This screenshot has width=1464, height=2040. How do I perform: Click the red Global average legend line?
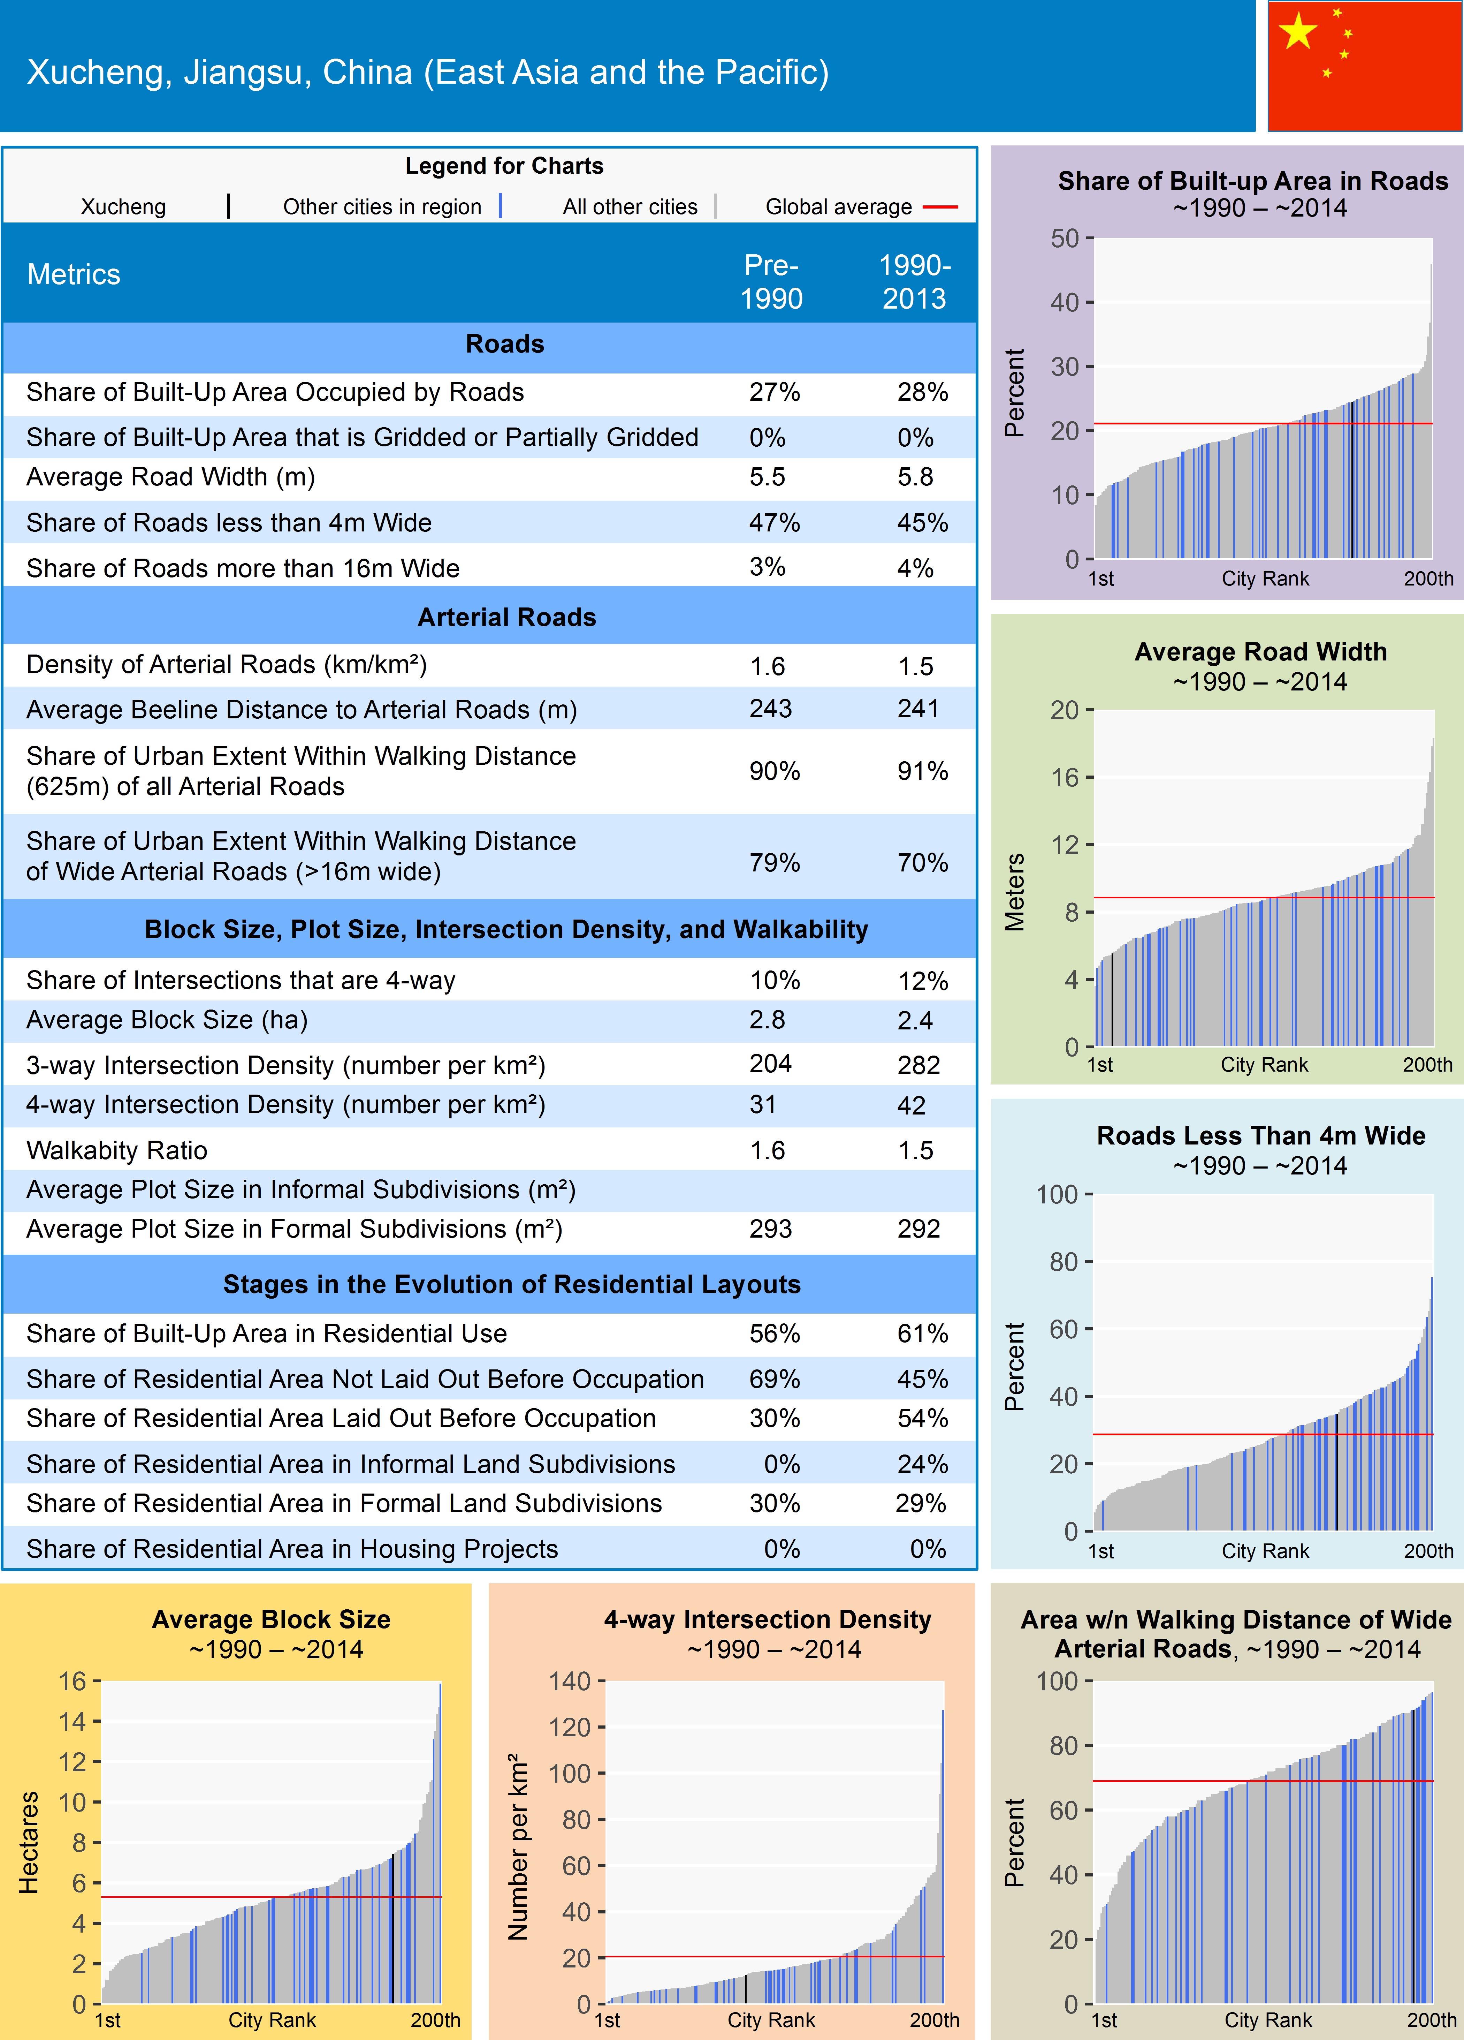pyautogui.click(x=940, y=207)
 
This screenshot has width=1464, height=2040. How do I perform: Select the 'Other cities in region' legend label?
pyautogui.click(x=382, y=207)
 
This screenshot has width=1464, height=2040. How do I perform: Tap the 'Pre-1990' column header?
pyautogui.click(x=771, y=281)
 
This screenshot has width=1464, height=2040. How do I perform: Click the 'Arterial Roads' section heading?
pyautogui.click(x=506, y=617)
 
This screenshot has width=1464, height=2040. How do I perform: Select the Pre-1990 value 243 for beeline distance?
pyautogui.click(x=771, y=709)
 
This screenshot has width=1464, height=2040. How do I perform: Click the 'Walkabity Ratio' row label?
pyautogui.click(x=117, y=1150)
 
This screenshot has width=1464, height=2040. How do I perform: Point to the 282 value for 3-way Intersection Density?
pyautogui.click(x=918, y=1065)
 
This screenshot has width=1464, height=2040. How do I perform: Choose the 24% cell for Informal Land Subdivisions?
pyautogui.click(x=922, y=1464)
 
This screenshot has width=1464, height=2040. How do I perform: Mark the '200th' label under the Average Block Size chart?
pyautogui.click(x=435, y=2019)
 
